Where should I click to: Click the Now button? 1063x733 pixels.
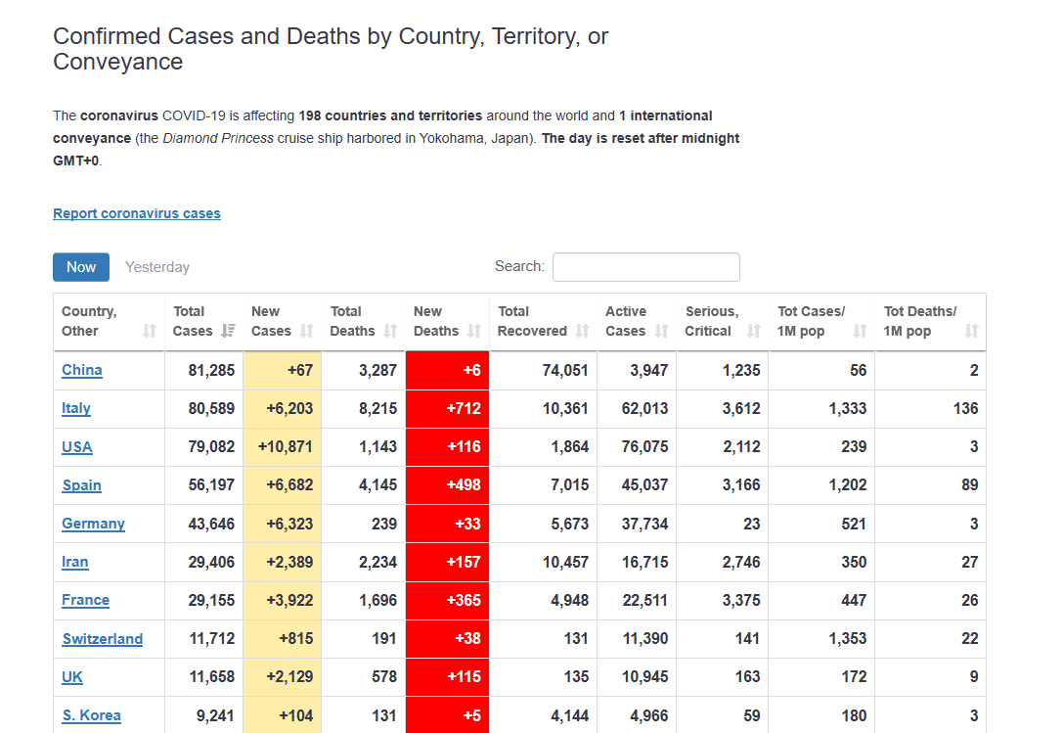coord(81,267)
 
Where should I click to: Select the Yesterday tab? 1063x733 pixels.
coord(157,267)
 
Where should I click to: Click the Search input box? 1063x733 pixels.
coord(645,267)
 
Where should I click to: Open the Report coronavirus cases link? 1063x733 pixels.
coord(137,213)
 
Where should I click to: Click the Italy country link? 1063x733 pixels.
coord(76,408)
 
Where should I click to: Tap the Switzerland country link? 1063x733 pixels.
coord(103,639)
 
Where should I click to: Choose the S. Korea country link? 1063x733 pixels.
coord(92,715)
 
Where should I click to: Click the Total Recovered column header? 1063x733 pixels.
coord(532,322)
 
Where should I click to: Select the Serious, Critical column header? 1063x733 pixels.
coord(712,322)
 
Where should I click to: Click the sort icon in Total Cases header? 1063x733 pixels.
coord(228,331)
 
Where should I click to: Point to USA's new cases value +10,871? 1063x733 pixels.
coord(286,447)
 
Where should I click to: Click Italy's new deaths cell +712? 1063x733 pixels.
coord(463,408)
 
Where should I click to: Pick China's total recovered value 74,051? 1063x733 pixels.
coord(565,370)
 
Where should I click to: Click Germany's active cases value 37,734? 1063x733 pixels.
coord(644,524)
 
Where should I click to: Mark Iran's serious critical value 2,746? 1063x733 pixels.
coord(741,562)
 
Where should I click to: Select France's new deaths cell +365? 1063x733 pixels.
coord(463,600)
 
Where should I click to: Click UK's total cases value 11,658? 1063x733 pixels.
coord(211,677)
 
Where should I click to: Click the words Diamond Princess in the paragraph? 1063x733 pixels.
coord(218,138)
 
